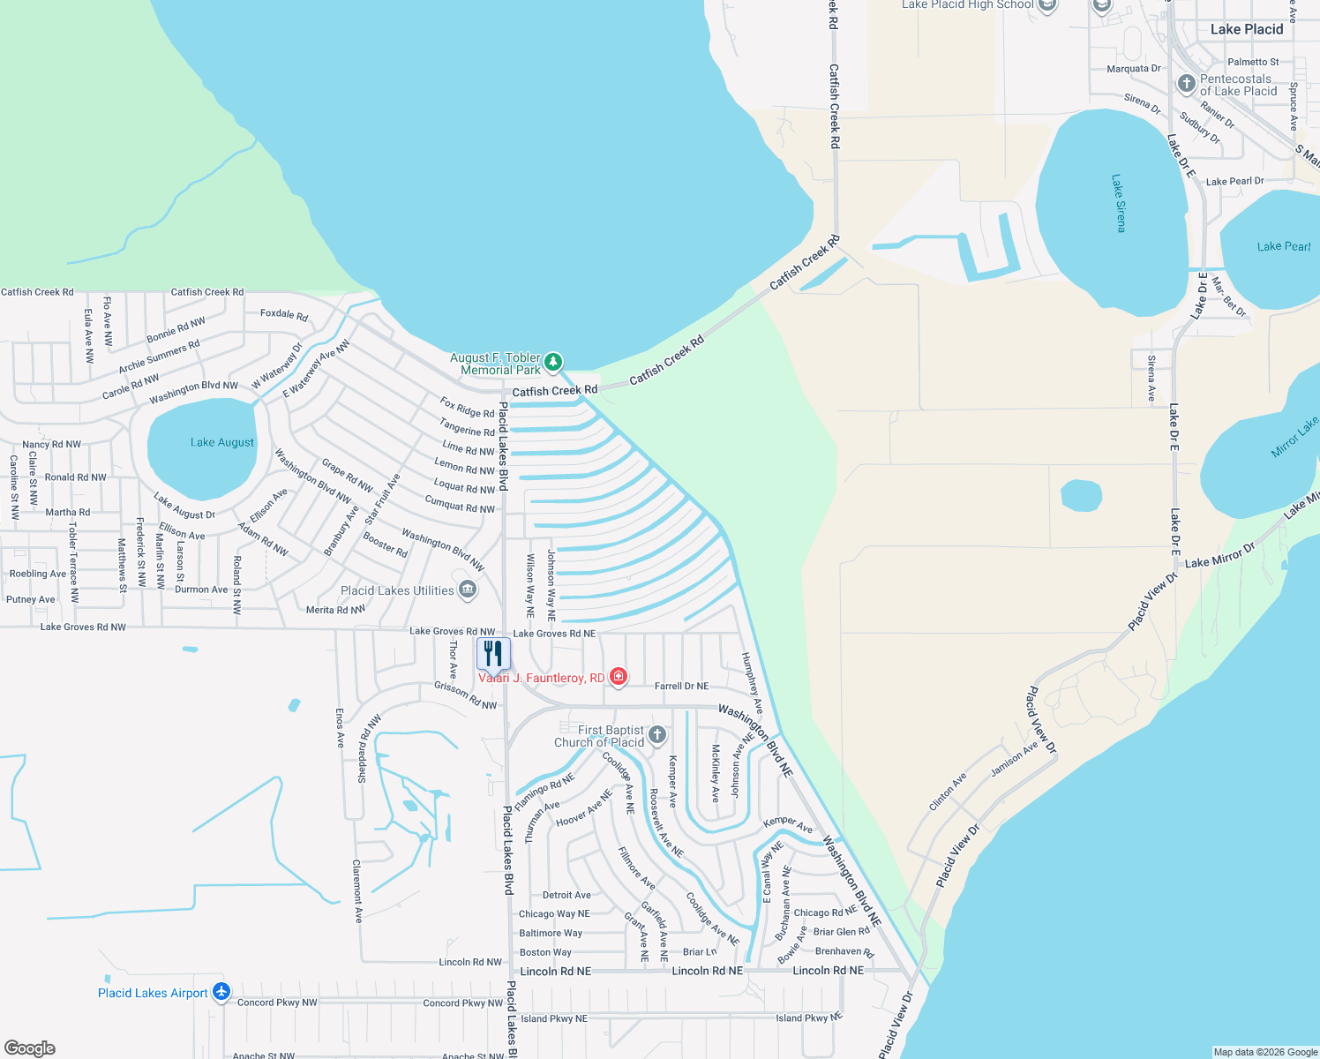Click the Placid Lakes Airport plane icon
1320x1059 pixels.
coord(221,993)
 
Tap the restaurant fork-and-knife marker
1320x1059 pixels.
coord(493,654)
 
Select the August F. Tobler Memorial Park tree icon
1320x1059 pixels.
coord(553,362)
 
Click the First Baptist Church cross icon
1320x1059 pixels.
coord(656,735)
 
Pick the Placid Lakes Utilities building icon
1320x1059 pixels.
coord(468,590)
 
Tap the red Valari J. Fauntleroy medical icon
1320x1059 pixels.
coord(619,677)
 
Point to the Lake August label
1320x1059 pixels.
coord(221,442)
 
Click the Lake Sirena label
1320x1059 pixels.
coord(1119,203)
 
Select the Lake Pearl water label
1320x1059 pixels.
coord(1283,246)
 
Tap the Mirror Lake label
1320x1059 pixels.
coord(1294,438)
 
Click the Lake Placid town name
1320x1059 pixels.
coord(1246,29)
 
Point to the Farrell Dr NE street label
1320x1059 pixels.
coord(681,686)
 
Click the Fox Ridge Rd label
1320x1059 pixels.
coord(467,408)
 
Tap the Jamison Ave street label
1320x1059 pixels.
coord(1014,759)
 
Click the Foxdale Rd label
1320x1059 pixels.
coord(284,314)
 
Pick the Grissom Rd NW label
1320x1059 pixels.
coord(465,695)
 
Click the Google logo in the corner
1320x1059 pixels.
coord(30,1048)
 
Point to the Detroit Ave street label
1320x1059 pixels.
coord(566,895)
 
